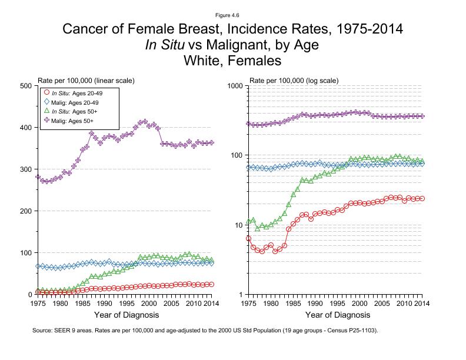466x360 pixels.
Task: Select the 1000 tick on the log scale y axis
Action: pyautogui.click(x=235, y=86)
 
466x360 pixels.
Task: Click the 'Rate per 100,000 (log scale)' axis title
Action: pyautogui.click(x=294, y=79)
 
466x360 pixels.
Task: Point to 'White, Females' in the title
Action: pyautogui.click(x=233, y=60)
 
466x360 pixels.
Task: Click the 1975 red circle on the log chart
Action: pyautogui.click(x=249, y=238)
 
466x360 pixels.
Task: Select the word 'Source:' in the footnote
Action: pyautogui.click(x=43, y=331)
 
